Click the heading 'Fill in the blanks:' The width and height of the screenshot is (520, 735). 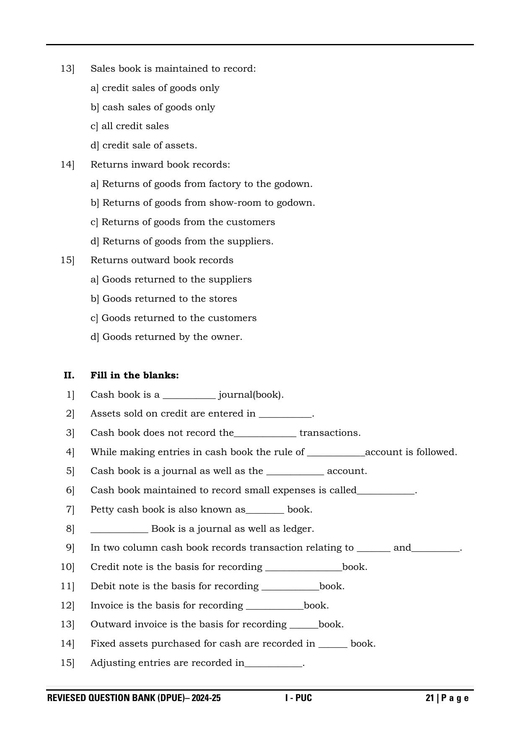pyautogui.click(x=135, y=375)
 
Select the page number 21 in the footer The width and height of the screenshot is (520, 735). pyautogui.click(x=429, y=698)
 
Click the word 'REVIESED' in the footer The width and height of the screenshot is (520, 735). pyautogui.click(x=67, y=698)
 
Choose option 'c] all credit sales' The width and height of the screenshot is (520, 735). pyautogui.click(x=129, y=126)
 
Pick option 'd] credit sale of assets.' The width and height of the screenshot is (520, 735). pyautogui.click(x=144, y=145)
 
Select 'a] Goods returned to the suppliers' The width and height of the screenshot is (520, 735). pyautogui.click(x=171, y=280)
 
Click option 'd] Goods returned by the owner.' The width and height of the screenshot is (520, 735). pyautogui.click(x=166, y=337)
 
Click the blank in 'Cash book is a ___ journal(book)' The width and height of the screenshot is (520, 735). pyautogui.click(x=189, y=396)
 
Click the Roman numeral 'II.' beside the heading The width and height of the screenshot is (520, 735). pyautogui.click(x=69, y=375)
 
